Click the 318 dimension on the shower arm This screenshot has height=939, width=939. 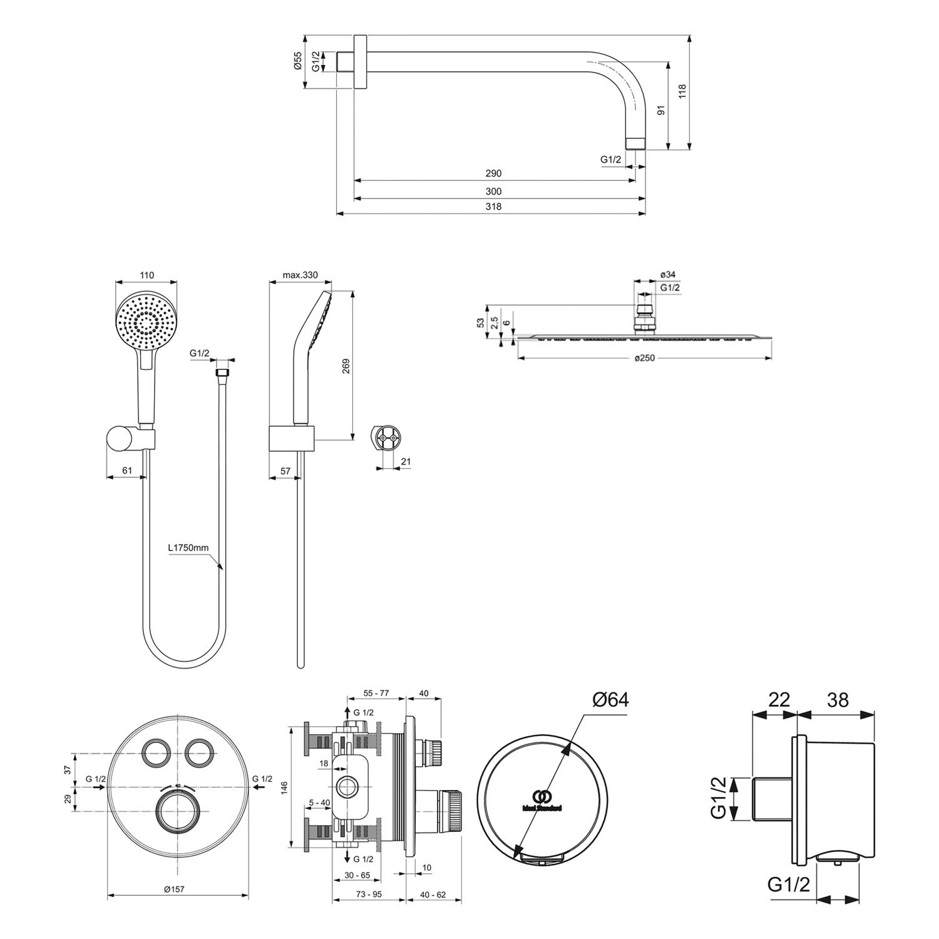(x=493, y=207)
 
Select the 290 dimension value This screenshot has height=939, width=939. (x=493, y=173)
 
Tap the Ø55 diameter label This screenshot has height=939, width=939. (x=298, y=62)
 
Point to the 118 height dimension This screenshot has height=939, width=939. (x=682, y=92)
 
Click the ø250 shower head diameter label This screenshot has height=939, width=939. (x=645, y=358)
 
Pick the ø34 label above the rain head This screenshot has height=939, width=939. (x=667, y=275)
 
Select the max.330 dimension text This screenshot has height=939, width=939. (x=300, y=275)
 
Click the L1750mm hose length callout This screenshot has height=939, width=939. (x=188, y=548)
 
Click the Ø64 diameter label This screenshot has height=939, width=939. (x=610, y=699)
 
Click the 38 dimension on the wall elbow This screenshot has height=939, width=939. (x=838, y=699)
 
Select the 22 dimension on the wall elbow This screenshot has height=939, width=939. (x=778, y=699)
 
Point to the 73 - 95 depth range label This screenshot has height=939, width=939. (x=368, y=895)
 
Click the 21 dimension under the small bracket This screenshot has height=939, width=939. (x=406, y=462)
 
